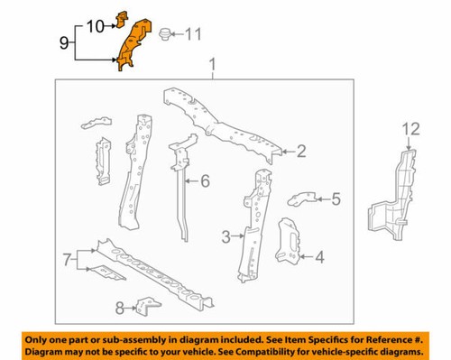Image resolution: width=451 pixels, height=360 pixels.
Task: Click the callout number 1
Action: [213, 65]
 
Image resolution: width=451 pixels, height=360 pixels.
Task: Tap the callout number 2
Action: [302, 152]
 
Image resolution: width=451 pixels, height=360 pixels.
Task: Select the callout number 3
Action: [225, 236]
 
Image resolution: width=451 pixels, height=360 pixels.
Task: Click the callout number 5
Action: [335, 200]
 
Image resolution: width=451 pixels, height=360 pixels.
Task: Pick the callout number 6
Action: [205, 181]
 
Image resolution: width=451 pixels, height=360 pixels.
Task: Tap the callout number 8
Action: [120, 308]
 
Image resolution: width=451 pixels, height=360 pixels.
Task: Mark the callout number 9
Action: [63, 42]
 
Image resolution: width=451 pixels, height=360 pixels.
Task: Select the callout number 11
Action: [192, 35]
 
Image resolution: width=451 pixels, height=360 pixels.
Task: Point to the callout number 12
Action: [410, 130]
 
